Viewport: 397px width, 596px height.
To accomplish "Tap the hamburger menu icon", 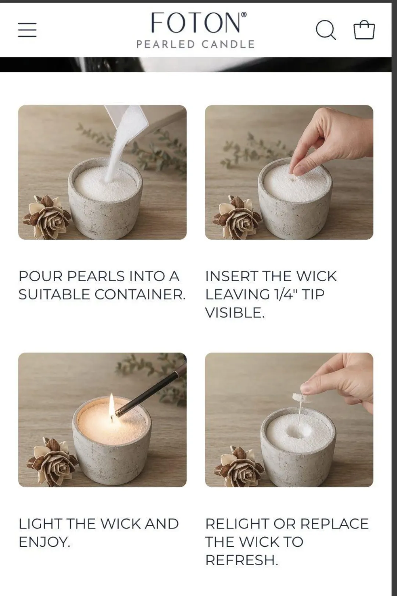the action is [x=28, y=30].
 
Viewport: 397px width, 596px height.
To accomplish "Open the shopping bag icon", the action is [x=364, y=29].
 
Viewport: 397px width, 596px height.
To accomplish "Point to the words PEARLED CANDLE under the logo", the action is [x=196, y=44].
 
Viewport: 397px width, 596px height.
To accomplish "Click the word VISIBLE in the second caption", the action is [x=235, y=313].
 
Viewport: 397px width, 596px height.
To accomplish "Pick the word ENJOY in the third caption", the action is [x=44, y=542].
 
